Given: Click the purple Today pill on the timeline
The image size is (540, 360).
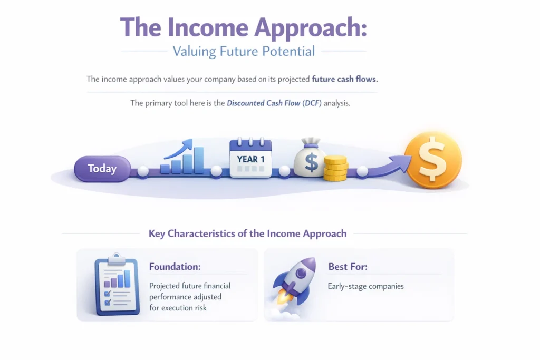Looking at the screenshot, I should (102, 169).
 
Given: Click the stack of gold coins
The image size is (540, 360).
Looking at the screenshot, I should (335, 168).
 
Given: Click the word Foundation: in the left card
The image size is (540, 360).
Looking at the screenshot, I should (175, 267).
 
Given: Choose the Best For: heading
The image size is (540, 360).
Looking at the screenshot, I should (348, 267).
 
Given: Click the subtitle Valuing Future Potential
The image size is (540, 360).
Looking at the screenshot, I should (244, 51).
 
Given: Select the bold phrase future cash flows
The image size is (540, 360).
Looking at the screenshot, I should (345, 79).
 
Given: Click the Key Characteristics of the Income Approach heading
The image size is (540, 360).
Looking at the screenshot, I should (247, 233).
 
